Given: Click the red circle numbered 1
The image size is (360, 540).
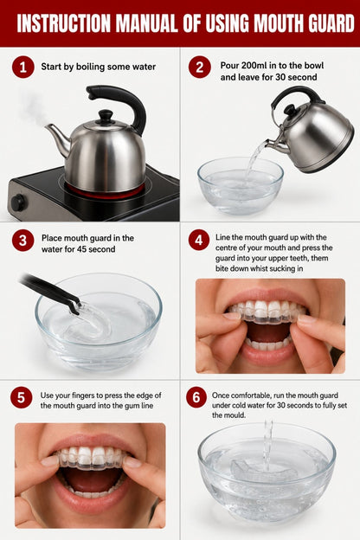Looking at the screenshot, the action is (x=23, y=67).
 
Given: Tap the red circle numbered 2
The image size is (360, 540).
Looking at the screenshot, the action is (x=199, y=67).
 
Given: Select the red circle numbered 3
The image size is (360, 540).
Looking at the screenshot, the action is (x=22, y=241).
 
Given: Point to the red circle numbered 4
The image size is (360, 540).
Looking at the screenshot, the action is (x=199, y=240).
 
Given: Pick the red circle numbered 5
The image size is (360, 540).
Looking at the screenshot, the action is (x=22, y=397).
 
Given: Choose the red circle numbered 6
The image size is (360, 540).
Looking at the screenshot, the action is (x=196, y=397).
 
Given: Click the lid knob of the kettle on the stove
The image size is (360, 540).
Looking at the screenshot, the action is (x=106, y=116).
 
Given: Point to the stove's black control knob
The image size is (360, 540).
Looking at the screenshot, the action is (x=18, y=202).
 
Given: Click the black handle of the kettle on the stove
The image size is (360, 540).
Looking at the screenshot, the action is (x=120, y=104).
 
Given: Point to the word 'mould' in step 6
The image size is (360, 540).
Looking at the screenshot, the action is (x=235, y=415).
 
